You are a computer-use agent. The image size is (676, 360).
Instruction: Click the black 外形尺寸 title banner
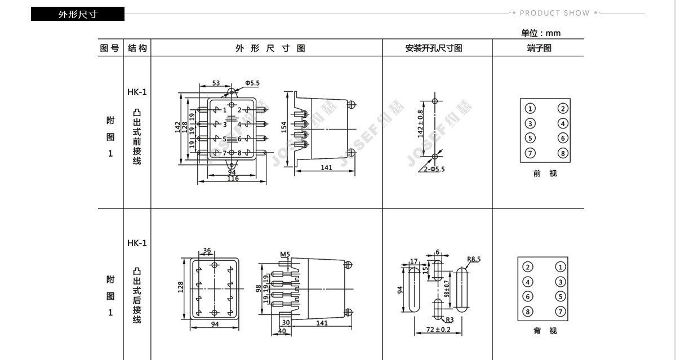click(x=77, y=14)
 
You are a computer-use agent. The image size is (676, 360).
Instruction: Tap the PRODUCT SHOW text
click(x=554, y=13)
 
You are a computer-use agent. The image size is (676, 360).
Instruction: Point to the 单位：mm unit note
click(x=540, y=33)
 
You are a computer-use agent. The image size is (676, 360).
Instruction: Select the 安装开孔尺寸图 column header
click(x=434, y=48)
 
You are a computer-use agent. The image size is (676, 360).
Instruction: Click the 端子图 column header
click(x=539, y=48)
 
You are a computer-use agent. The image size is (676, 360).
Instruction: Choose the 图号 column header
click(x=109, y=48)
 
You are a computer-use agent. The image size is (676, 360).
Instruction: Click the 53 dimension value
click(x=216, y=83)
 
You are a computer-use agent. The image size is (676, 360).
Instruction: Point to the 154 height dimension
click(x=284, y=127)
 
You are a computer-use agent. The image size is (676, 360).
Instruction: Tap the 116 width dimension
click(x=232, y=179)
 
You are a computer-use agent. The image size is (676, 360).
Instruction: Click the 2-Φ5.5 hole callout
click(x=434, y=168)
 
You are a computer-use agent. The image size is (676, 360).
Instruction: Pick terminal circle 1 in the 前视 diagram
click(x=530, y=109)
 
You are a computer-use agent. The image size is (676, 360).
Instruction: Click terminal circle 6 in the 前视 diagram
click(x=563, y=138)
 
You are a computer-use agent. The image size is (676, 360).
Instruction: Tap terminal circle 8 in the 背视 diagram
click(x=528, y=312)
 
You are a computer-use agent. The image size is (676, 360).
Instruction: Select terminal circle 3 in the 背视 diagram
click(x=560, y=282)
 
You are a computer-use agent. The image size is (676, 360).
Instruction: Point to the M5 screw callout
click(x=285, y=255)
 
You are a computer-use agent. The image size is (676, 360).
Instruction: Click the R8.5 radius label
click(x=474, y=260)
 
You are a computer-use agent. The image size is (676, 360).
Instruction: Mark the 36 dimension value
click(x=207, y=251)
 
